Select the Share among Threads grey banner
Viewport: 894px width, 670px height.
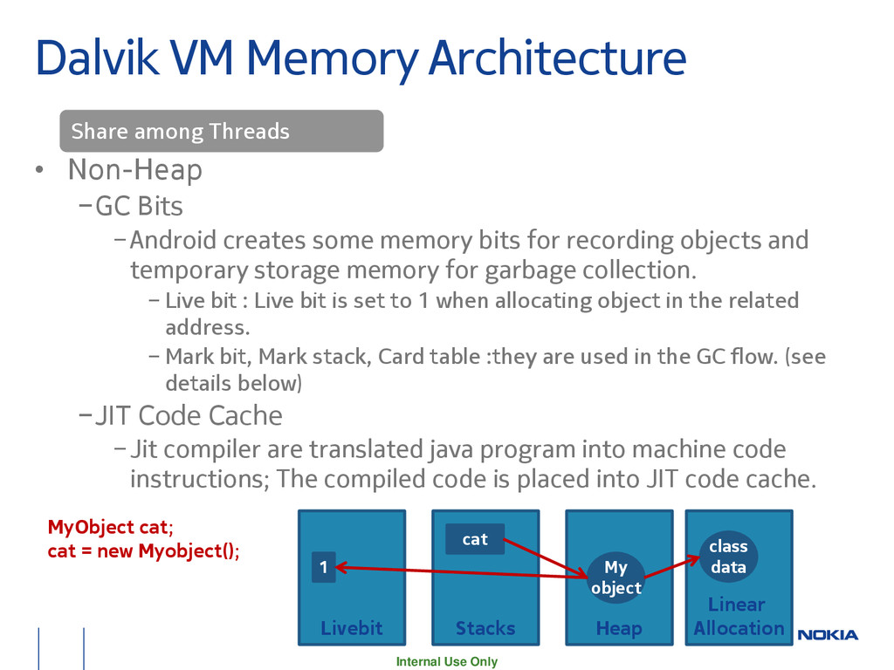[221, 132]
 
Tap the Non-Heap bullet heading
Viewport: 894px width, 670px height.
[134, 170]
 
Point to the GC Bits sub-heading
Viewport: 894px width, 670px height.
[139, 207]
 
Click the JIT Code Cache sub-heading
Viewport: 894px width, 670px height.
[188, 415]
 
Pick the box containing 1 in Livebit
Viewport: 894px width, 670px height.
[323, 568]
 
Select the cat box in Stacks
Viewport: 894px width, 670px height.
[474, 539]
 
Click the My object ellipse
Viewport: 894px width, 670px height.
[615, 578]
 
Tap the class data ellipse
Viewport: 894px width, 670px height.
[727, 557]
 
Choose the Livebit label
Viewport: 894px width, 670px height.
[351, 628]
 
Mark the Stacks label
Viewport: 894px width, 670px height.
[485, 628]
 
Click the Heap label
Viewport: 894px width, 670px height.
[619, 628]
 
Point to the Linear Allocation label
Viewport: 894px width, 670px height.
[739, 616]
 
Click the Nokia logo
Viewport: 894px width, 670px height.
[828, 634]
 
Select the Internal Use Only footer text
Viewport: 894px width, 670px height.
[446, 661]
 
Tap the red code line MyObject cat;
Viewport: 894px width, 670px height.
[110, 527]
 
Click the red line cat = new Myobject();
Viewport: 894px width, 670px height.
[143, 551]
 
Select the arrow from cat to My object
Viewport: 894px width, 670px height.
[546, 557]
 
